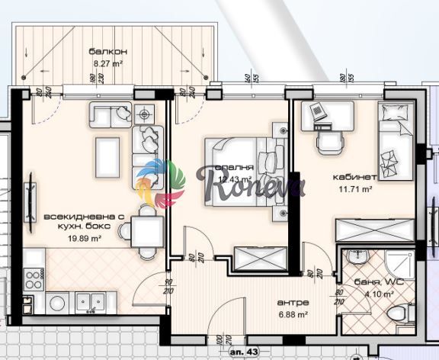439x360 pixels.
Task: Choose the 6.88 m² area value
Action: click(292, 313)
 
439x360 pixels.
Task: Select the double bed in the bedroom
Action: click(238, 166)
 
